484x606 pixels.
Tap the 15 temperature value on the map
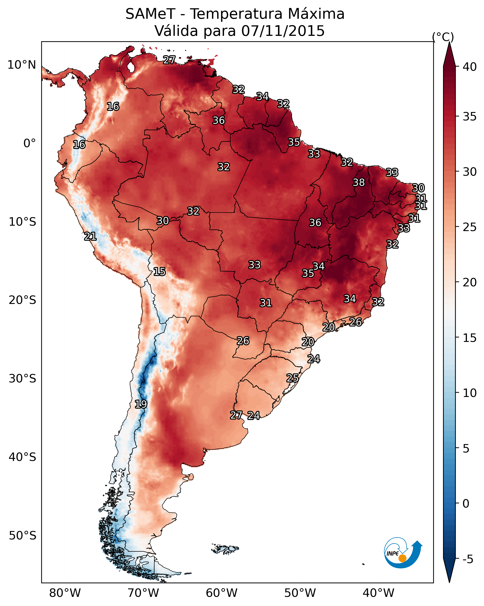159,272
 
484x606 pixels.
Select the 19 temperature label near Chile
141,404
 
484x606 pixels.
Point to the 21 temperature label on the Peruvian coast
90,236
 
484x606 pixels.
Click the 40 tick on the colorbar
470,67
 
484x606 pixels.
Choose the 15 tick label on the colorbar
470,338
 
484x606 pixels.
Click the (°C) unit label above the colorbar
443,37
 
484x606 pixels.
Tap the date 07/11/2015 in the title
283,31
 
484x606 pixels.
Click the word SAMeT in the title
150,14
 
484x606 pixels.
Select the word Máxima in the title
316,14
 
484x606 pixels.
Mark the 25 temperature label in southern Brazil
292,378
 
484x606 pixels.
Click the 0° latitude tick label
30,143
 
